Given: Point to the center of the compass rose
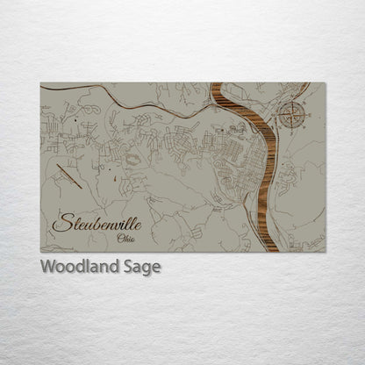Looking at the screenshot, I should tap(291, 112).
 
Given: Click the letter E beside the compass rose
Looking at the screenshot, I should tap(304, 112).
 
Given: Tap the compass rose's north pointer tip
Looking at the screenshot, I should tap(291, 99).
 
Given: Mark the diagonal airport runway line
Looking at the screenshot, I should tap(68, 176).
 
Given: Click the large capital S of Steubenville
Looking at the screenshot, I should tap(61, 222).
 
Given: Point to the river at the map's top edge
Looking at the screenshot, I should tap(217, 86).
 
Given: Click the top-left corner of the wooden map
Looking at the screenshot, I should tap(41, 83).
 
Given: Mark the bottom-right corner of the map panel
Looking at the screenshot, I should tap(325, 252).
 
